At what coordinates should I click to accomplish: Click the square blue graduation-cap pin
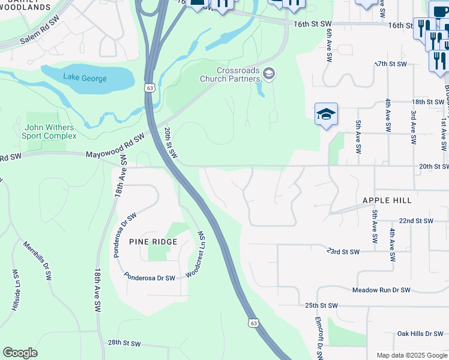pos(326,114)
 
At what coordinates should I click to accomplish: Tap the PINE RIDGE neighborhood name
pos(153,242)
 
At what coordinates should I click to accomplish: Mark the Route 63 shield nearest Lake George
pos(148,88)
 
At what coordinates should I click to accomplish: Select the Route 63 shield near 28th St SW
pos(255,323)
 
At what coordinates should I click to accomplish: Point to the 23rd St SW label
pos(343,252)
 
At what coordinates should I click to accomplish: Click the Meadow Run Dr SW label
pos(381,290)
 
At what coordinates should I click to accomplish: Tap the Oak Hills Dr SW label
pos(420,334)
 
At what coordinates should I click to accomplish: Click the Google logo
pos(20,353)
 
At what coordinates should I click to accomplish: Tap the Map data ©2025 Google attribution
pos(411,355)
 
